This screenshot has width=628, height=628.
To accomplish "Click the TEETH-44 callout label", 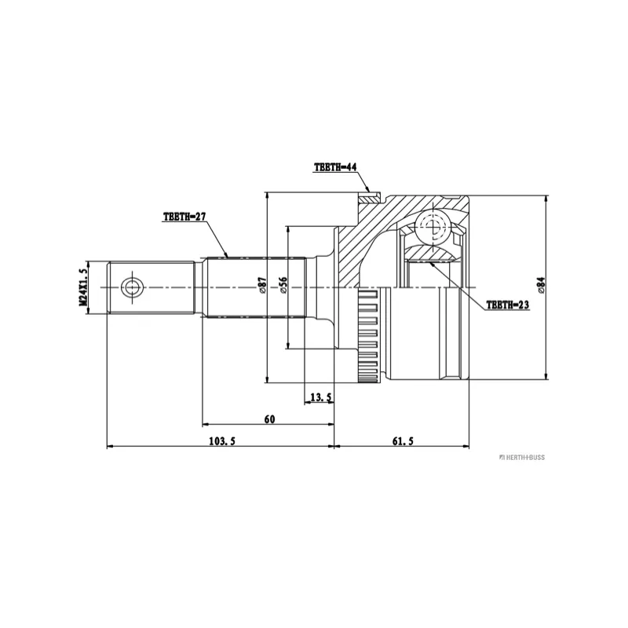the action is tap(335, 167).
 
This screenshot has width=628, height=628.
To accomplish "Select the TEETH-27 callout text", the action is tap(184, 217).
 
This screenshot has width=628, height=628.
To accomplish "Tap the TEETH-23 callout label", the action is tap(507, 305).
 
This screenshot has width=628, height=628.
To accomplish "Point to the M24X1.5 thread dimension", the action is tap(83, 287).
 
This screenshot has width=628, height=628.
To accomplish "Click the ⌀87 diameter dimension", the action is tap(263, 285).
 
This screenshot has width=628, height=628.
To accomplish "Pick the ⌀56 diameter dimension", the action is tap(283, 285).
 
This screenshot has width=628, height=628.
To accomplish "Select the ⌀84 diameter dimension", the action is tap(541, 285).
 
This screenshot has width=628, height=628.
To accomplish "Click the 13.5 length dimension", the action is tap(321, 397).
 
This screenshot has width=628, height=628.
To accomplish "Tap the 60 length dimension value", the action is tap(270, 419).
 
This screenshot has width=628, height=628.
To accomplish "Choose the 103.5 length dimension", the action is tap(222, 441).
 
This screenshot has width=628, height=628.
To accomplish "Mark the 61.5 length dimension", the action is tap(403, 441).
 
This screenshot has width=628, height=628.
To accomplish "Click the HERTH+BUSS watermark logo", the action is tap(522, 458).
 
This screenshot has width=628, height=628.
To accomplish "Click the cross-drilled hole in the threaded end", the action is tap(132, 287).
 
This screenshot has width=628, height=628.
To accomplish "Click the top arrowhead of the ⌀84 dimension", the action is tap(546, 199).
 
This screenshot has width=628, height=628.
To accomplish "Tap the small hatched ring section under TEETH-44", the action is tap(369, 199).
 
